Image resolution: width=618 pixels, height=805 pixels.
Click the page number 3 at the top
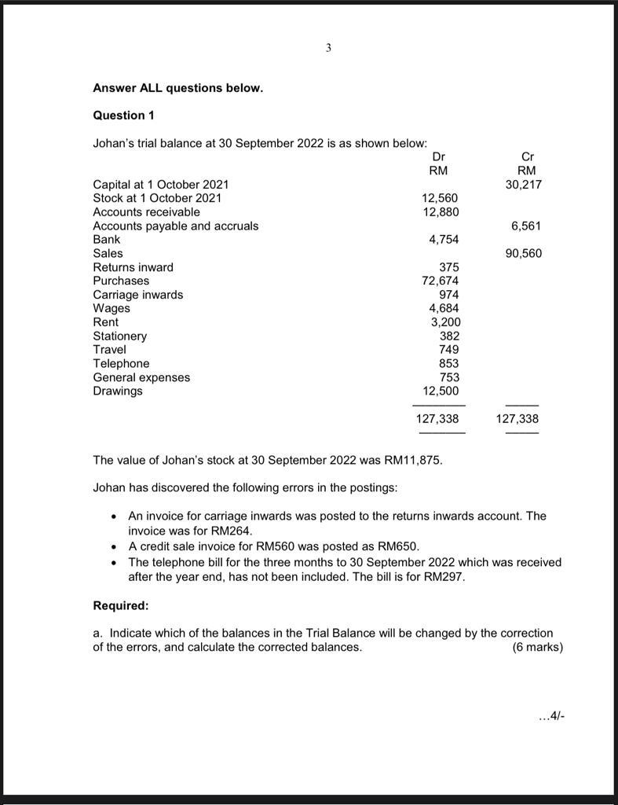coord(328,48)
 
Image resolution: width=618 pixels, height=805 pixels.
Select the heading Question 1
coord(123,116)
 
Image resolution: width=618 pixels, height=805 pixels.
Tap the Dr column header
coord(440,157)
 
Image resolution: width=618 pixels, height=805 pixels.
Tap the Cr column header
coord(527,157)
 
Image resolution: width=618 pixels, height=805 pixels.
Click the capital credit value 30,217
coord(524,185)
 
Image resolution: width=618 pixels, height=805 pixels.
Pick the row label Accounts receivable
coord(146,212)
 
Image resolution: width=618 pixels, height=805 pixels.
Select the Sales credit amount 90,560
coord(524,253)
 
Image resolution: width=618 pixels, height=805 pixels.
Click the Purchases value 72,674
coord(441,281)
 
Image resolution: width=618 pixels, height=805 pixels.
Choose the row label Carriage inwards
coord(137,295)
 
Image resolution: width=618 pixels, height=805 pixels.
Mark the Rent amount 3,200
coord(445,322)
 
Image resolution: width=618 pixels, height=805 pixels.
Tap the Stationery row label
coord(119,336)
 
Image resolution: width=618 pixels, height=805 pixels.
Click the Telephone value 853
coord(449,363)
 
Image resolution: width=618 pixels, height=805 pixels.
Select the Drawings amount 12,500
coord(441,391)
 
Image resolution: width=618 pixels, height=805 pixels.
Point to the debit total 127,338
coord(437,419)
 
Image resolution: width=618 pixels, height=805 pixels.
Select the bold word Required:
coord(120,606)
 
